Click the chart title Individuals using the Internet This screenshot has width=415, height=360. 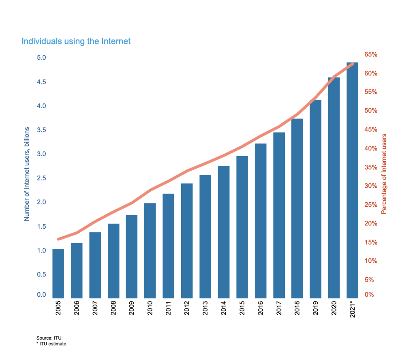point(76,41)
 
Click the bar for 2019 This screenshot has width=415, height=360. point(315,198)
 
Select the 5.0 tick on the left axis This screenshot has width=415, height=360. point(41,58)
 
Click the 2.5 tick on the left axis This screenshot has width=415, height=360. point(41,178)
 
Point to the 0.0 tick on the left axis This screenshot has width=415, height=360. point(41,295)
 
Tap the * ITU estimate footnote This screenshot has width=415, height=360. point(51,344)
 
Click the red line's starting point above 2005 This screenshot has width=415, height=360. point(59,239)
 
